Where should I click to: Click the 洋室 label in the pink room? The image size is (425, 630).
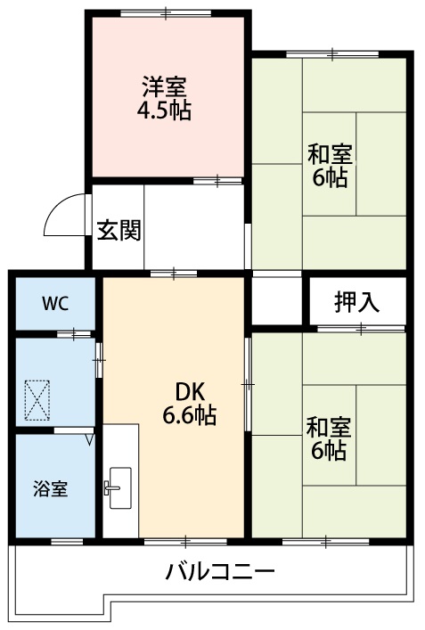[165, 88]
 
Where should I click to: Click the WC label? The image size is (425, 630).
[55, 301]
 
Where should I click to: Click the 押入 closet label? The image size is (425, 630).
[357, 302]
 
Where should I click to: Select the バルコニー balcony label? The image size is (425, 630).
[219, 570]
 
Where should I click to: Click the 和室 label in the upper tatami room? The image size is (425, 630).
[330, 153]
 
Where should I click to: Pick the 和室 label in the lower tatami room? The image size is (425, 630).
[330, 427]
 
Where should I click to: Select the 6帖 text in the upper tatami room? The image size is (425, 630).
[330, 176]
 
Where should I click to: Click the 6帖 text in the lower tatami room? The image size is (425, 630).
[330, 450]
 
